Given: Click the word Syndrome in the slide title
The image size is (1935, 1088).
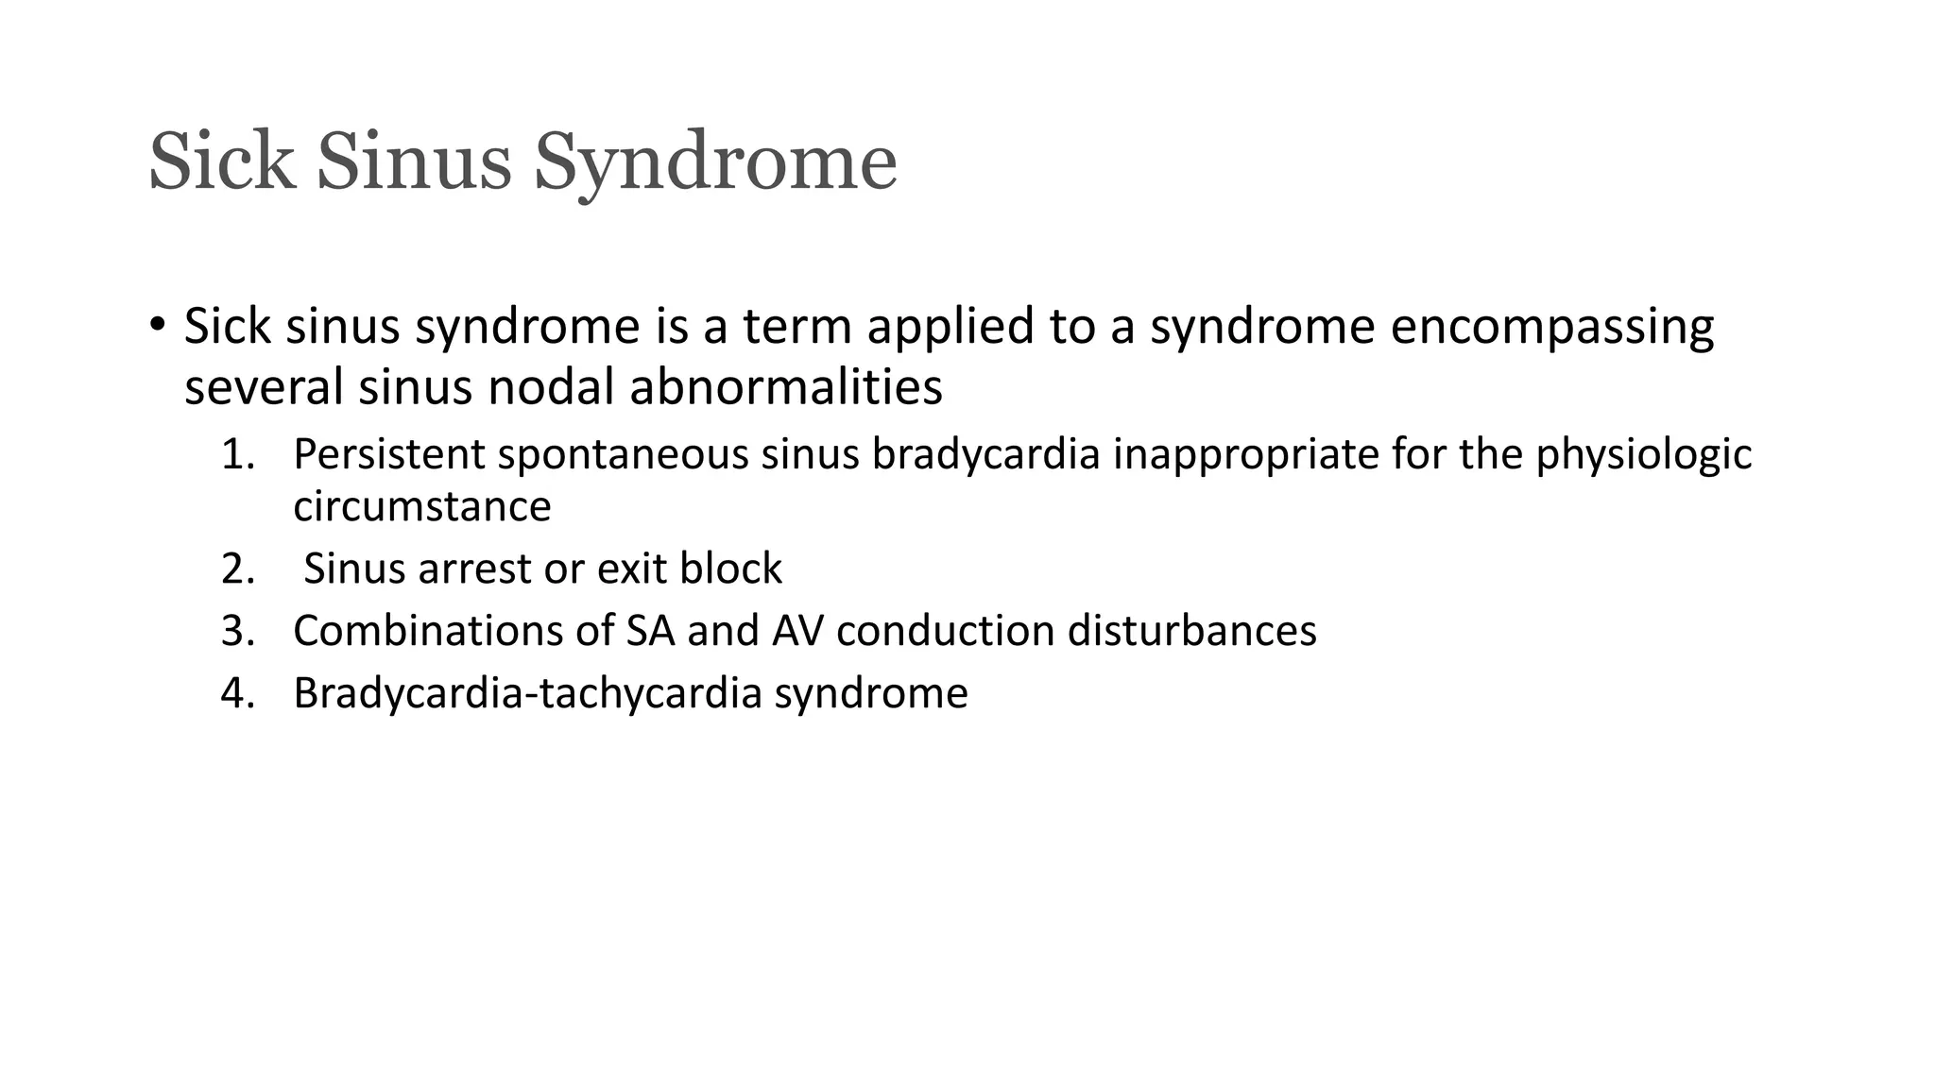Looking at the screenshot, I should [x=715, y=162].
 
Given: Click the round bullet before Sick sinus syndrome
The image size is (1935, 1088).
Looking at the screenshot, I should [x=157, y=325].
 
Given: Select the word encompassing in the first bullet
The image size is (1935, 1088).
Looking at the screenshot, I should [x=1551, y=327].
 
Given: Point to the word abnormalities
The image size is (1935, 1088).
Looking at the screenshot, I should [x=785, y=387].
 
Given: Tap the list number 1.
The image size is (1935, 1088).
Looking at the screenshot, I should [x=238, y=454].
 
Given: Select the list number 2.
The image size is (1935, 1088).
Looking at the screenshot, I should [x=238, y=569].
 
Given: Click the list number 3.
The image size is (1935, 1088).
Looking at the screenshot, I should [x=238, y=631].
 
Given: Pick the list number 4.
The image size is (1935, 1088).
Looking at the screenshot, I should [x=238, y=693].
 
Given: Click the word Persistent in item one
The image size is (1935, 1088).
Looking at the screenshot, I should [x=389, y=454].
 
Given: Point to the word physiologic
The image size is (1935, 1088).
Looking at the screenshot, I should [x=1643, y=456].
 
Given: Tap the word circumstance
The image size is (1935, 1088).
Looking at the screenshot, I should [x=421, y=507].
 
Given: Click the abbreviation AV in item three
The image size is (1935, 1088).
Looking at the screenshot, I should [x=797, y=631].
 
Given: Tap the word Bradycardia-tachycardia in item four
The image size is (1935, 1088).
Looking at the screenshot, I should [x=527, y=694].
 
